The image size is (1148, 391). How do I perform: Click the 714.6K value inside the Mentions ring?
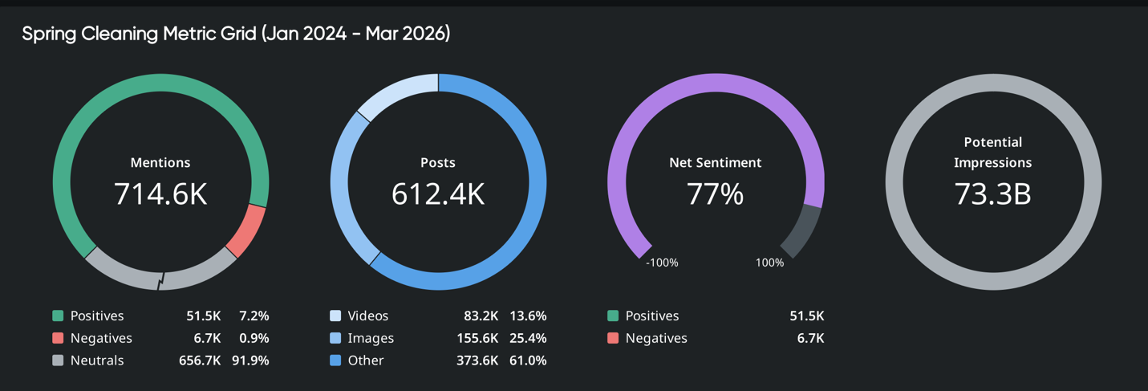pos(160,194)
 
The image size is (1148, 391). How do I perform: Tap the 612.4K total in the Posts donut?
pos(438,194)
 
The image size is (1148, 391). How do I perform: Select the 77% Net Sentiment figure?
pos(716,194)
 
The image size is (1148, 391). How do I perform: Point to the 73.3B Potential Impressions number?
pos(993,194)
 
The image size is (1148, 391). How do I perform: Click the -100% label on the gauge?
pos(662,263)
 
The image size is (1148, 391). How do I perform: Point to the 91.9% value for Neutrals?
pos(250,360)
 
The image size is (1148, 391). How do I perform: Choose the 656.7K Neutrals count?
pos(200,360)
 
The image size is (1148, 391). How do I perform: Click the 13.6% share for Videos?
pos(528,316)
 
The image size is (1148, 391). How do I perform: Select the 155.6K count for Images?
pos(477,338)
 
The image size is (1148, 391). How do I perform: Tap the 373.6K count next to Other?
pos(477,360)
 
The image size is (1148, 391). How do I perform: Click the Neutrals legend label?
pos(97,360)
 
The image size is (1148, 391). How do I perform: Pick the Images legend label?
pos(371,338)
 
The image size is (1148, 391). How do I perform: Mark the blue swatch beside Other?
pos(335,360)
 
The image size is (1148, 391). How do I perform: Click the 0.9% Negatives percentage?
pos(254,338)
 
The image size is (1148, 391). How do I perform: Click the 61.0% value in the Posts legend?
pos(528,360)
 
